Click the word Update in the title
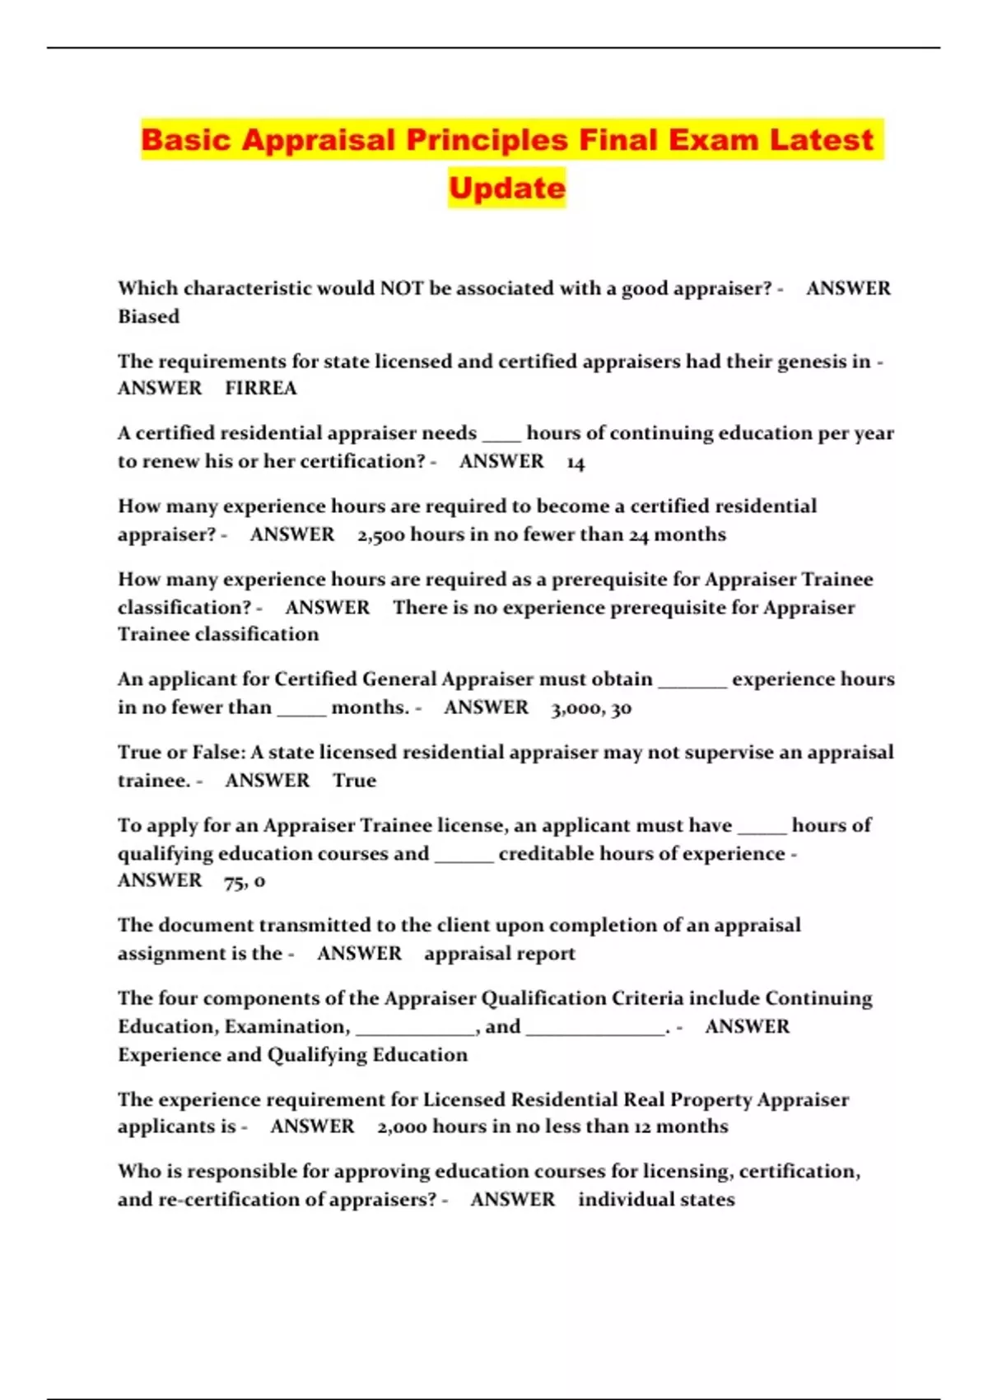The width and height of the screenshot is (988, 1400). pyautogui.click(x=507, y=188)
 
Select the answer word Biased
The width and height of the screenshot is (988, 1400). pyautogui.click(x=148, y=316)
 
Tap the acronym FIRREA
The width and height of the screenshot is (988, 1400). pyautogui.click(x=261, y=388)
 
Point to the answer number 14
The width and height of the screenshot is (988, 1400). pyautogui.click(x=576, y=462)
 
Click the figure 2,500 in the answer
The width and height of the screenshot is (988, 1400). pyautogui.click(x=381, y=534)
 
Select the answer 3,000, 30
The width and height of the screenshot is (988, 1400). pyautogui.click(x=591, y=707)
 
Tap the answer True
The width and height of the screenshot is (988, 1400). pyautogui.click(x=354, y=780)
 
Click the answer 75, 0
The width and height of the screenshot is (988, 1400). pyautogui.click(x=245, y=880)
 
